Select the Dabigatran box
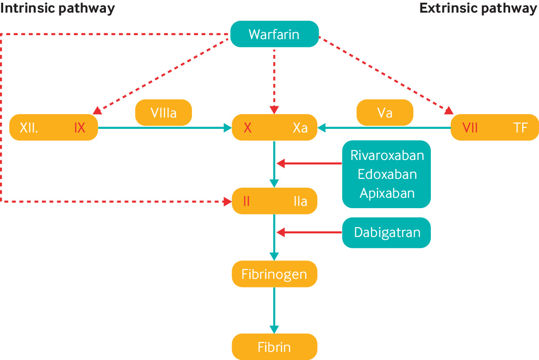(x=387, y=232)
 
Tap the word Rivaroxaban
(x=387, y=155)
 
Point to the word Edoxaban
(x=387, y=174)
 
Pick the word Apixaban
(x=387, y=193)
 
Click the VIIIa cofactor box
(x=164, y=112)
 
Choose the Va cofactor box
(x=385, y=112)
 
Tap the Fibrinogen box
(x=274, y=274)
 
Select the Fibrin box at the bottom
(x=274, y=347)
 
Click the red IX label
(x=80, y=128)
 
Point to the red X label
(x=247, y=128)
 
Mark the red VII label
(x=470, y=128)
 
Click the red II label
(x=246, y=201)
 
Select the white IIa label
(x=300, y=201)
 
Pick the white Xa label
(x=300, y=128)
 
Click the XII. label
(x=29, y=128)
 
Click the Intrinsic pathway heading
(x=57, y=9)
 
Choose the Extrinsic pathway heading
(x=479, y=9)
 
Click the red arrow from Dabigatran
(x=309, y=232)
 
